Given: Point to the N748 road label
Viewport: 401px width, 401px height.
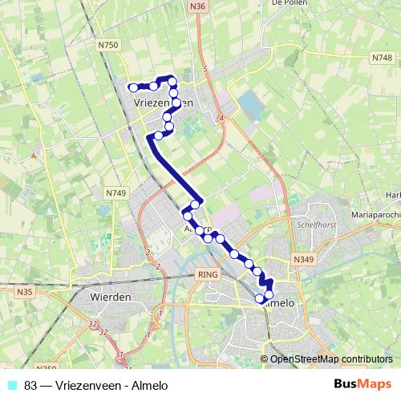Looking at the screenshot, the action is coord(382,59).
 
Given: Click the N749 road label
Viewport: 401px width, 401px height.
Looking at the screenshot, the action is coord(116,193).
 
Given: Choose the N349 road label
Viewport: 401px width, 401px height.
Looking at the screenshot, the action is coord(303,260).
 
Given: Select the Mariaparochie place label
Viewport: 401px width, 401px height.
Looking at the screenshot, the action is coord(375,216).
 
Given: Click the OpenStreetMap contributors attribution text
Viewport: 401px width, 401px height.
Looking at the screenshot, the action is coord(330,359).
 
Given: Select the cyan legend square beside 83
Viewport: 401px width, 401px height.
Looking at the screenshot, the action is coord(10,385).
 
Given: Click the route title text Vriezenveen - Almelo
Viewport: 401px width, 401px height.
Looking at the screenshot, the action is coord(97,385).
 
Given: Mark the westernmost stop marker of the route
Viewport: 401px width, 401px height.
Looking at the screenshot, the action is coord(133,87).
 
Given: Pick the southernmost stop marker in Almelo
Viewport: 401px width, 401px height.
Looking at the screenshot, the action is coord(259,299).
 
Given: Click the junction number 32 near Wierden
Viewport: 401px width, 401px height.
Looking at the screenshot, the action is coord(94,323).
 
